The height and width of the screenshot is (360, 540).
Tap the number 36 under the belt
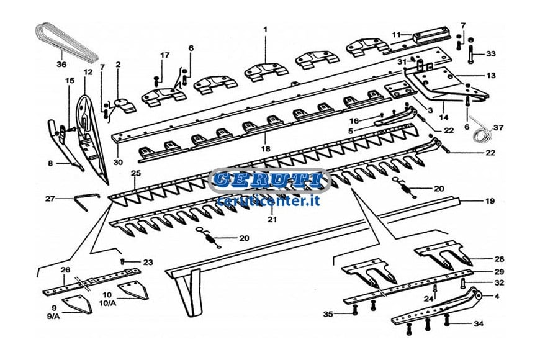click(x=61, y=64)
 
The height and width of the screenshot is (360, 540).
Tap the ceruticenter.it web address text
click(x=269, y=200)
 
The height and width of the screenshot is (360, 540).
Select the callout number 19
click(x=490, y=201)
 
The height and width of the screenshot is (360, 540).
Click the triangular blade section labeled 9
click(x=78, y=304)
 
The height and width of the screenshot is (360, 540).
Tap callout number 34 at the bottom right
click(x=479, y=323)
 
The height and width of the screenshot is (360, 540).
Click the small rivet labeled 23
click(x=122, y=261)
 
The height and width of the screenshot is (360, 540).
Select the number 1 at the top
click(x=265, y=30)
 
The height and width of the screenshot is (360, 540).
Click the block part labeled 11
click(x=431, y=37)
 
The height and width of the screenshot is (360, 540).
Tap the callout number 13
click(x=491, y=76)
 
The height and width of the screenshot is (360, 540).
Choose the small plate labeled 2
click(x=124, y=105)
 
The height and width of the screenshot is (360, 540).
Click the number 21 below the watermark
click(x=272, y=219)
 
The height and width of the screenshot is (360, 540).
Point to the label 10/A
click(x=107, y=304)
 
